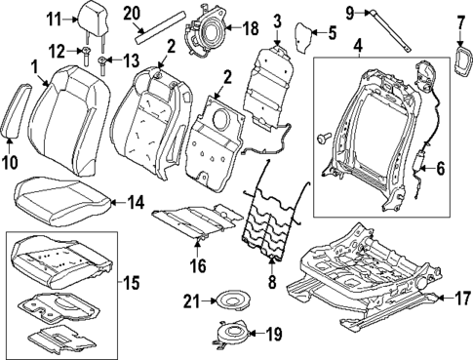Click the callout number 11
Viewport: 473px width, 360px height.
(54, 19)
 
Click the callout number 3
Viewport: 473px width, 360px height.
(277, 20)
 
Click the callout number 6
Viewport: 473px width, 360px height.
(439, 168)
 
